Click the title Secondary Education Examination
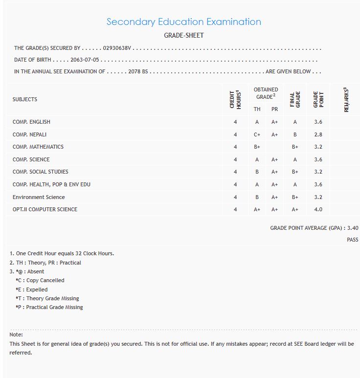[183, 22]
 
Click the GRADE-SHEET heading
[183, 35]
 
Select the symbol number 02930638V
[118, 48]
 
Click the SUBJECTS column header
[25, 99]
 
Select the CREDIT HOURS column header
[235, 99]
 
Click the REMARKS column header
[346, 100]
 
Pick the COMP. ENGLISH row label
[31, 122]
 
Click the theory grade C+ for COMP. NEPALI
[257, 134]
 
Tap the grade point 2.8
[318, 134]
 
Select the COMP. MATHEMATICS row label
[38, 147]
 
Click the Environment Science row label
[39, 197]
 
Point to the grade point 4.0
[318, 209]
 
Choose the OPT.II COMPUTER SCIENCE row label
[45, 209]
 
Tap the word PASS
[352, 240]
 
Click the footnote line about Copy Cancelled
[40, 280]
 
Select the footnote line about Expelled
[32, 289]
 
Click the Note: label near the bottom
[16, 334]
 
